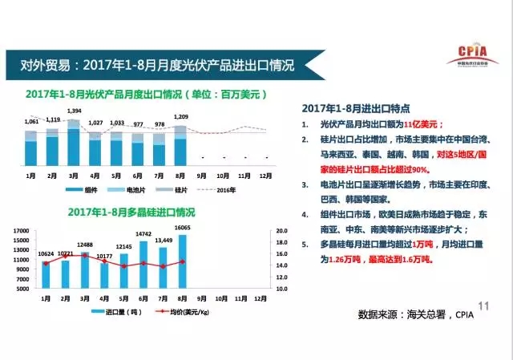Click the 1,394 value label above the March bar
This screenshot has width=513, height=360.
pos(74,110)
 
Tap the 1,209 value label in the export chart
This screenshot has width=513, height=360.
pos(180,117)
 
